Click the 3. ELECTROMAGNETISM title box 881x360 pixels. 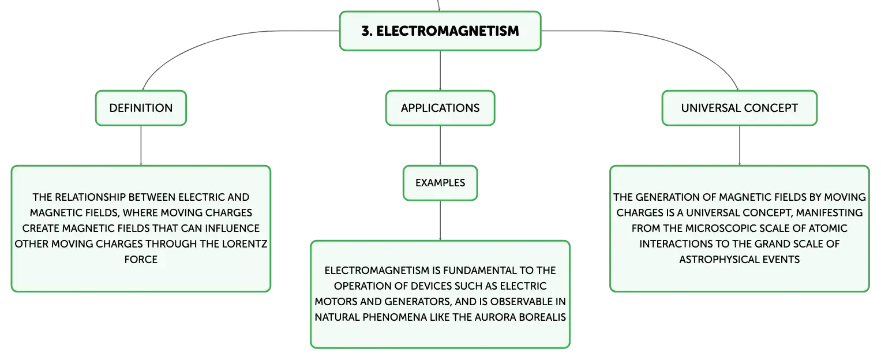[x=440, y=31]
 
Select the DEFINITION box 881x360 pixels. [x=141, y=108]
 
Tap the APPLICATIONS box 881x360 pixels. [x=440, y=108]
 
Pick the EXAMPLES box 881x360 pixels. [x=440, y=182]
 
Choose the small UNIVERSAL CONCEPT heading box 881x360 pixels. [x=740, y=108]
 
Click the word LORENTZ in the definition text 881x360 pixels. [x=244, y=244]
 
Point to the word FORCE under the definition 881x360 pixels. [x=141, y=259]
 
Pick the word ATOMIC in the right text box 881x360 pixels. [x=827, y=228]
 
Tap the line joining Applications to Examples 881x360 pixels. [x=440, y=145]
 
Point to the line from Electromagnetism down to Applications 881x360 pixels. [x=440, y=70]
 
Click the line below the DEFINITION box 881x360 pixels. [x=141, y=145]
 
